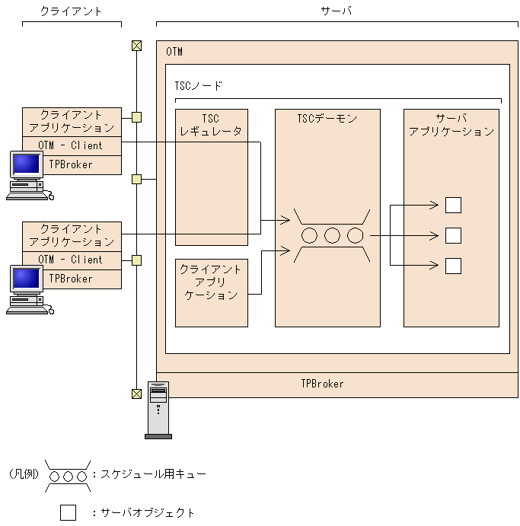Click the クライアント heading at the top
(x=71, y=11)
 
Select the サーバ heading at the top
(x=337, y=11)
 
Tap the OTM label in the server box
(x=174, y=52)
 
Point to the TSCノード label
(x=198, y=86)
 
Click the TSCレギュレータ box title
(x=211, y=125)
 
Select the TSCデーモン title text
(x=327, y=119)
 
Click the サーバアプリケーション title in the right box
(x=451, y=125)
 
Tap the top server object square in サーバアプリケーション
(x=453, y=206)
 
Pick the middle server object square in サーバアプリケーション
(x=453, y=235)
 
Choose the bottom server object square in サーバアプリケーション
(x=453, y=266)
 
